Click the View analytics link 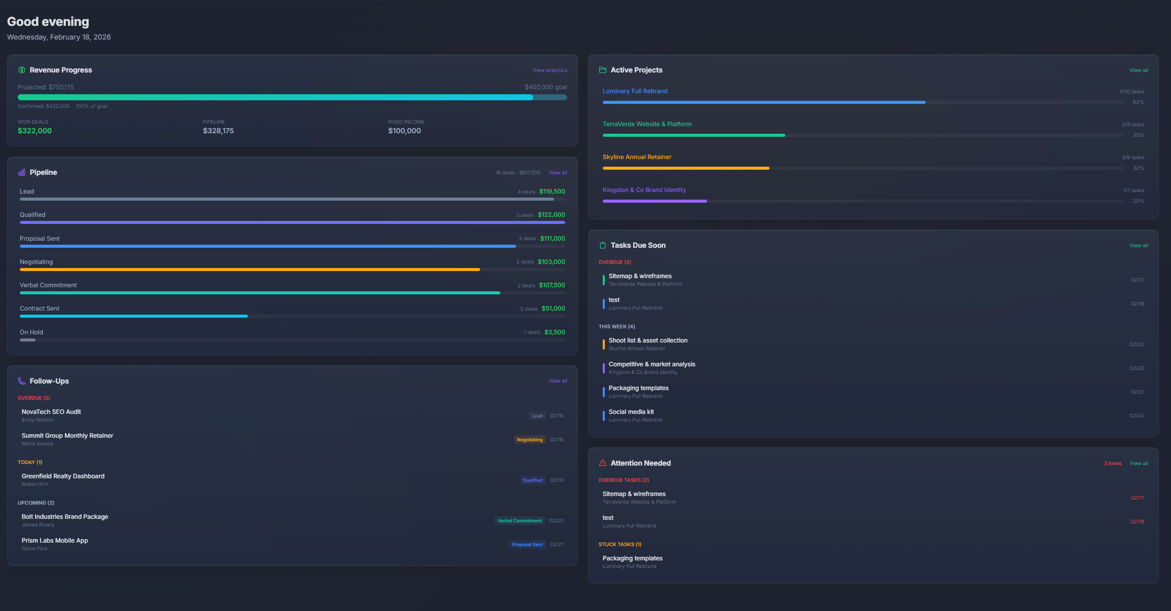pyautogui.click(x=550, y=70)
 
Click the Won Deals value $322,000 pyautogui.click(x=34, y=131)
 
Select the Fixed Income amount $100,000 pyautogui.click(x=404, y=131)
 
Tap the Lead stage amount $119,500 pyautogui.click(x=552, y=192)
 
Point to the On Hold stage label pyautogui.click(x=31, y=332)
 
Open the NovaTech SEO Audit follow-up pyautogui.click(x=51, y=412)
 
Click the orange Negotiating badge pyautogui.click(x=529, y=440)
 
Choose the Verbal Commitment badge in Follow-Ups pyautogui.click(x=519, y=521)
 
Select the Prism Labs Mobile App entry pyautogui.click(x=55, y=541)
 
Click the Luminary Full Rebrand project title pyautogui.click(x=635, y=91)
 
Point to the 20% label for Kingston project pyautogui.click(x=1138, y=201)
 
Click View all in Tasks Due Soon pyautogui.click(x=1139, y=246)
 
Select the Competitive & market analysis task pyautogui.click(x=651, y=364)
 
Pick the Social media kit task pyautogui.click(x=631, y=412)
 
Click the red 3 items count pyautogui.click(x=1112, y=464)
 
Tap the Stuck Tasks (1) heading pyautogui.click(x=619, y=545)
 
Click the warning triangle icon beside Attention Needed pyautogui.click(x=603, y=463)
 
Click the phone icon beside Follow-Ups pyautogui.click(x=22, y=381)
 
